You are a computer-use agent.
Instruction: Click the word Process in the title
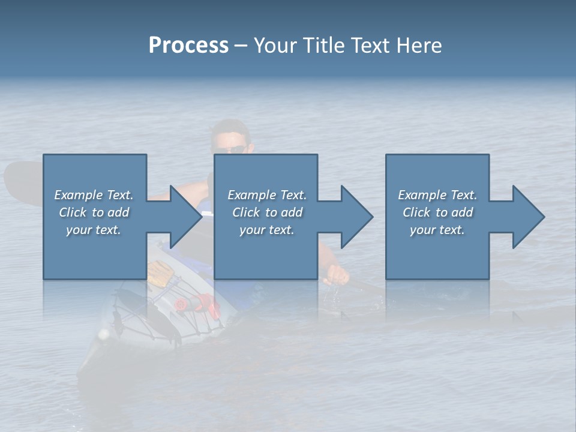pyautogui.click(x=188, y=46)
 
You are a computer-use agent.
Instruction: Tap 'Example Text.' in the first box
pyautogui.click(x=94, y=195)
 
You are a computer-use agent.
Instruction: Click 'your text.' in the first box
pyautogui.click(x=94, y=230)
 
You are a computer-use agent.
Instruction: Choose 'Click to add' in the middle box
pyautogui.click(x=267, y=212)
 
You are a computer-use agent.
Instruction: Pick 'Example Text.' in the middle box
pyautogui.click(x=267, y=195)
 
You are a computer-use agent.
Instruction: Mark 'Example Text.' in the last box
pyautogui.click(x=437, y=195)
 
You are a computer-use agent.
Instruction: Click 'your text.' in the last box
pyautogui.click(x=437, y=230)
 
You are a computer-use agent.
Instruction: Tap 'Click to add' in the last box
pyautogui.click(x=437, y=212)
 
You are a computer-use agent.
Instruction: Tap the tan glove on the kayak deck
pyautogui.click(x=161, y=273)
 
